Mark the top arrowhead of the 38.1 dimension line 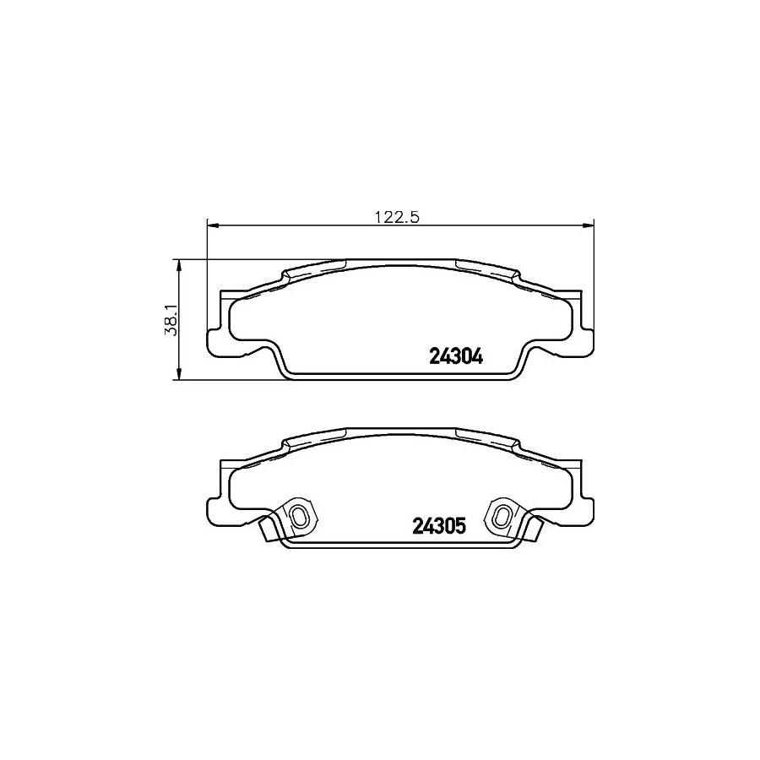click(x=178, y=264)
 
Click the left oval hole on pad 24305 click(x=299, y=515)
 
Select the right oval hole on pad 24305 click(x=502, y=515)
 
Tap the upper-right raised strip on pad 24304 click(x=486, y=269)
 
